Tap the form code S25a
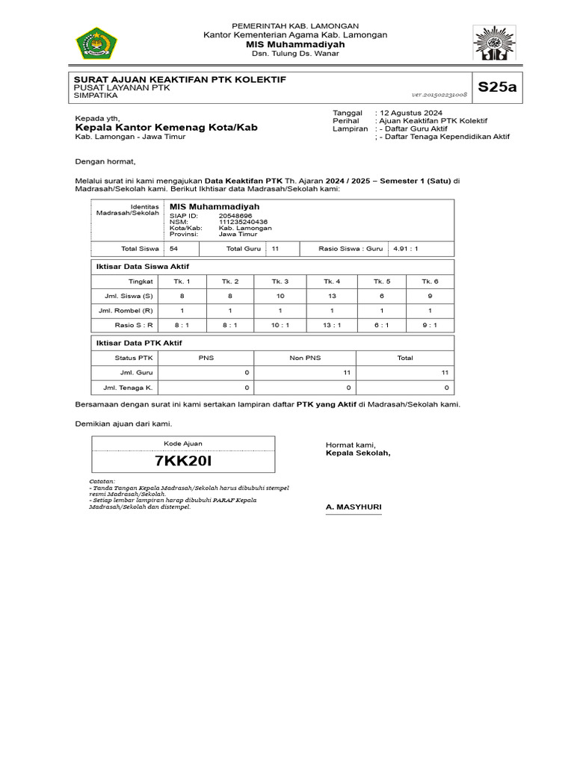497,87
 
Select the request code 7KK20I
183,461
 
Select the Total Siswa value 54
173,250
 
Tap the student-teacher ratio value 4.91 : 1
405,250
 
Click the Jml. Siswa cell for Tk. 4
332,296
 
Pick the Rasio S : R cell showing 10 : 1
280,325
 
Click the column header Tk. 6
429,282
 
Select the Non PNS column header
305,358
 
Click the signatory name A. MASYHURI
354,507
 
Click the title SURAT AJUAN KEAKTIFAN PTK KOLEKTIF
179,79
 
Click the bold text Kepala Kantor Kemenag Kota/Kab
166,128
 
